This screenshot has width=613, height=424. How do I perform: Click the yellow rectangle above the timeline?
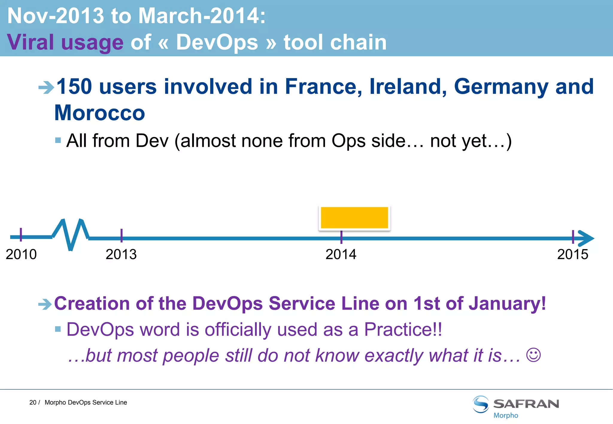[x=354, y=218]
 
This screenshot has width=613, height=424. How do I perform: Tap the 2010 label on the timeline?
[x=21, y=254]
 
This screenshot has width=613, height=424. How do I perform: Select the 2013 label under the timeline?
[x=121, y=254]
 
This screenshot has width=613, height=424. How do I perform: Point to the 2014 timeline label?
[x=341, y=254]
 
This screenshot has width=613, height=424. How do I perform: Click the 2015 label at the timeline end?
[x=573, y=254]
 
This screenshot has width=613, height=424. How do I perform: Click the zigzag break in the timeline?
[x=71, y=235]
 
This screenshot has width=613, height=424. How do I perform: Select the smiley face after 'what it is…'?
[x=533, y=355]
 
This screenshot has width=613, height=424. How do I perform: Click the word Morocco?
[x=100, y=113]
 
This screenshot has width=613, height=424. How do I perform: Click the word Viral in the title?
[x=30, y=42]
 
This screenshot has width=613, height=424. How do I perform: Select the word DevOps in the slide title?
[x=217, y=42]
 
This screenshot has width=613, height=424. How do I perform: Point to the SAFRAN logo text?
[x=526, y=404]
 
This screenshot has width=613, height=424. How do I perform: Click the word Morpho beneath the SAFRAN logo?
[x=506, y=416]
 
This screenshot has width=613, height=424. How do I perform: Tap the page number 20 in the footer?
[x=33, y=402]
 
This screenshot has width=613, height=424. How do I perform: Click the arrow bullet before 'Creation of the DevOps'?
[x=45, y=304]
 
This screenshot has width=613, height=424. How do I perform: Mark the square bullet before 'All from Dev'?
[x=58, y=140]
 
